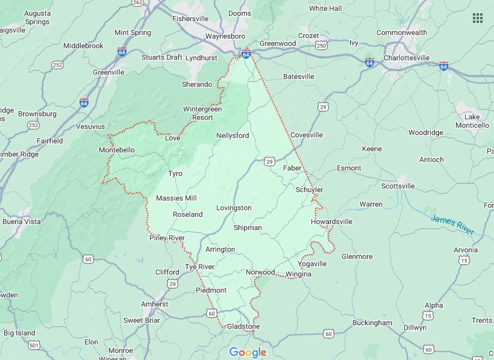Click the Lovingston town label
tap(234, 208)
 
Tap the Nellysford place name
tap(233, 135)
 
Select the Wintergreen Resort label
tap(202, 113)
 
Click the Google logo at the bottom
tap(248, 352)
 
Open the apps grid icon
tap(478, 18)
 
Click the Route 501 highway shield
tap(34, 345)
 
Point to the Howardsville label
tap(331, 222)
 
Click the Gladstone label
tap(243, 326)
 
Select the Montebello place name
tap(117, 150)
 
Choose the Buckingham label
tap(372, 323)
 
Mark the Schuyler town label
tap(310, 190)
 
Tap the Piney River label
tap(167, 238)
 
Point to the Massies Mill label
tap(177, 198)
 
